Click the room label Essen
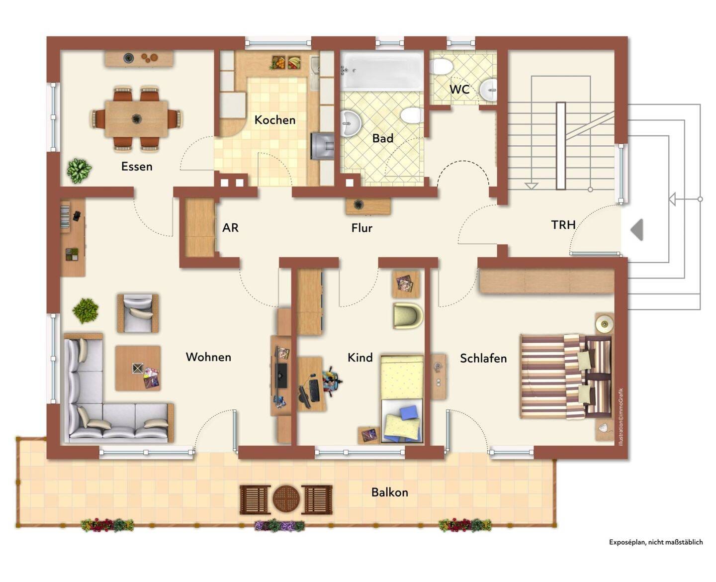coord(137,167)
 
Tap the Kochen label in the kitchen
coord(275,120)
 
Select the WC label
coord(459,89)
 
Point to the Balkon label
coord(390,492)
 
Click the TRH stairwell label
coord(563,225)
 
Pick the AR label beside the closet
coord(230,228)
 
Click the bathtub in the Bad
coord(382,71)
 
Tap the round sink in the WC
coord(488,90)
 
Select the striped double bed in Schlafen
coord(566,377)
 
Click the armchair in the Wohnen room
coord(138,313)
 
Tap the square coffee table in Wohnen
coord(138,368)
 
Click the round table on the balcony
coord(286,499)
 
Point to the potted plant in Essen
coord(79,171)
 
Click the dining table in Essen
coord(136,119)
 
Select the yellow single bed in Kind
coord(402,399)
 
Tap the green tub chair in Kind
coord(408,316)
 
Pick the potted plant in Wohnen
coord(86,311)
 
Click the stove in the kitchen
coord(322,146)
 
